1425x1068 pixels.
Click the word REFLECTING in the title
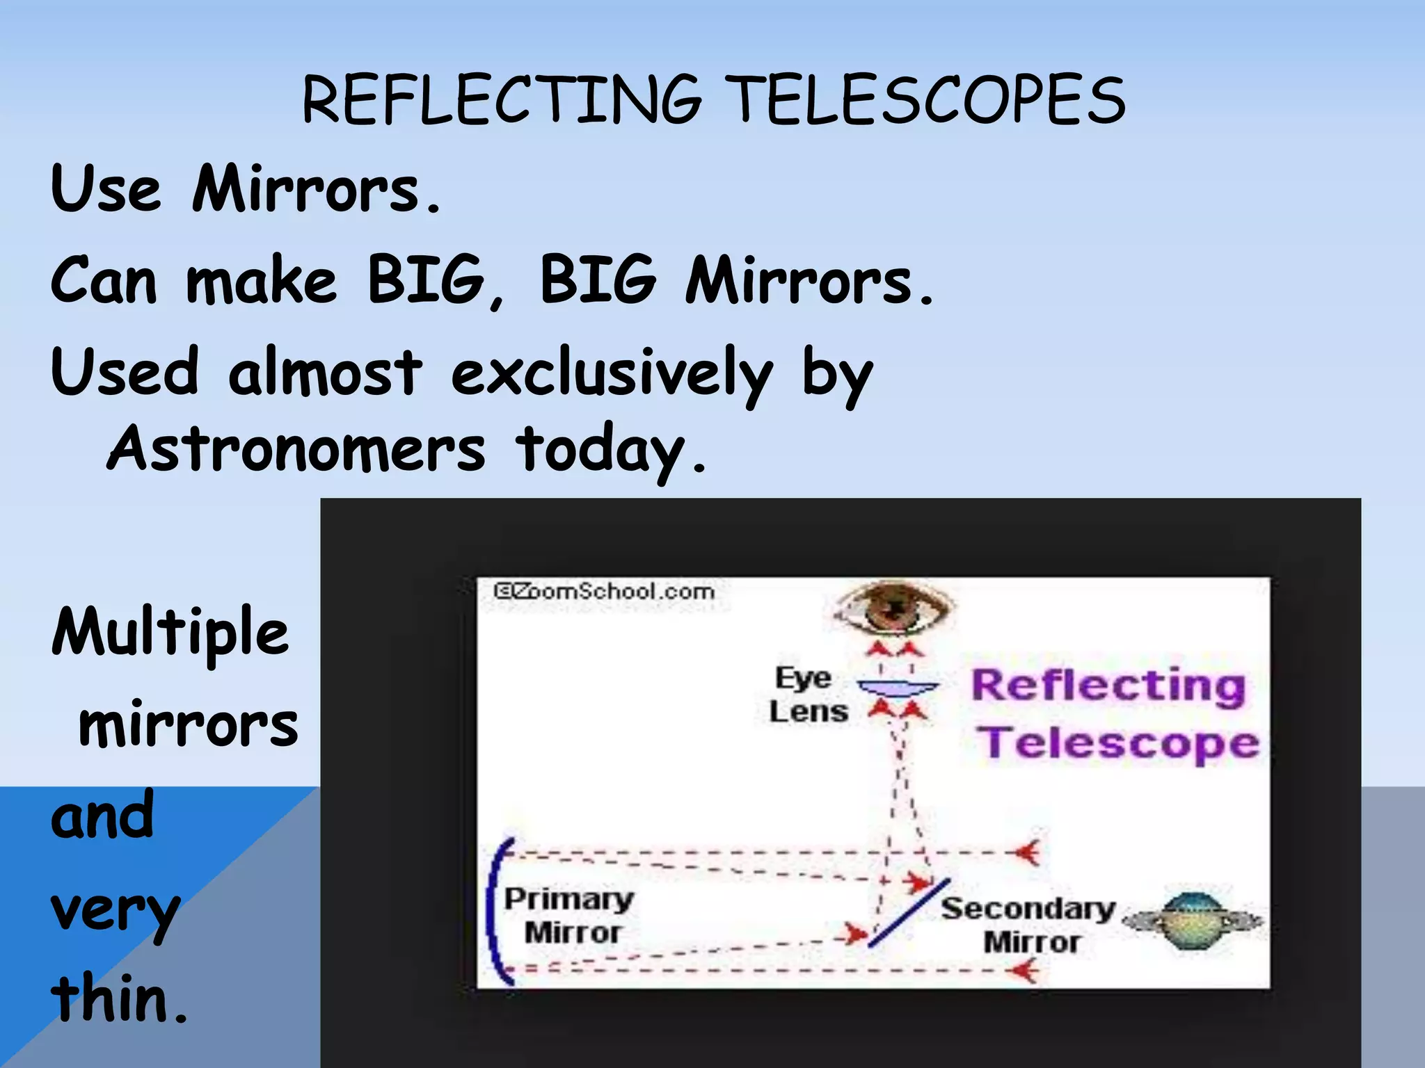501,102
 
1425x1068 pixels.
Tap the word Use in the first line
106,189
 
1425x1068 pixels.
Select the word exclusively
612,373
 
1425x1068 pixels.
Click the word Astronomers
296,448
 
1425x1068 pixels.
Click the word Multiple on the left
170,631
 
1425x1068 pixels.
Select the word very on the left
116,909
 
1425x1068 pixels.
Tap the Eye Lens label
807,694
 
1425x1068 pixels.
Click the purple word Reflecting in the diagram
1108,686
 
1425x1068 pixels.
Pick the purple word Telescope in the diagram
1117,743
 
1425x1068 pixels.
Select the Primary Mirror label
569,915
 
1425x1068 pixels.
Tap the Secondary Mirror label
1028,925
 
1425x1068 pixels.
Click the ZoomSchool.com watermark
604,592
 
